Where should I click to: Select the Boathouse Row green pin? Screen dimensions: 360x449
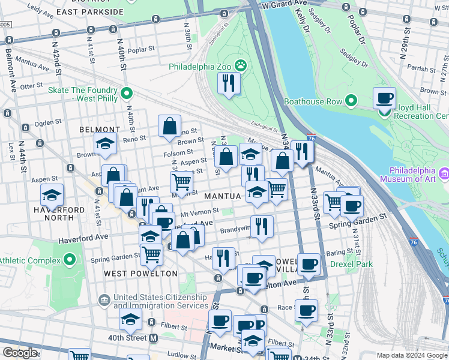coord(351,101)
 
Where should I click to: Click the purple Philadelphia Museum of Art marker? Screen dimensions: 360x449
coord(444,174)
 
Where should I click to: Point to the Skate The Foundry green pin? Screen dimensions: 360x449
coord(127,94)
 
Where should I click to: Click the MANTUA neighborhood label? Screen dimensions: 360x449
coord(222,196)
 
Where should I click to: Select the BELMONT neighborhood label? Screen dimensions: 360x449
coord(100,130)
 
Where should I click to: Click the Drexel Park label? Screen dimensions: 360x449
coord(354,264)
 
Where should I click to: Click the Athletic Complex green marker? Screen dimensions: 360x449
coord(70,260)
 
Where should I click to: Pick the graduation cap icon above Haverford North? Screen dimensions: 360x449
coord(52,195)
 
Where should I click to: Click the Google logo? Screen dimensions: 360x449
coord(20,353)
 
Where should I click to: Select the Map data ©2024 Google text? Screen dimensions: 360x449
coord(412,355)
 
